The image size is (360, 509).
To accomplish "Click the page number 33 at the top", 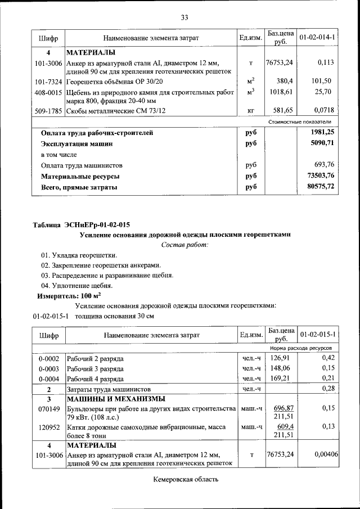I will coord(184,17).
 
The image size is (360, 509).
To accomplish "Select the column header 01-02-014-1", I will coord(317,38).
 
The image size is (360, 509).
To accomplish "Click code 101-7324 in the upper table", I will coord(48,81).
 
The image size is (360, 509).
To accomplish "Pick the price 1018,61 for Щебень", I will coord(281,91).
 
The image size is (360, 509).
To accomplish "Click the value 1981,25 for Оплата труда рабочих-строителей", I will coord(321,133).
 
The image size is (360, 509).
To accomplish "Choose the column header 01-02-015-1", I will coord(317,335).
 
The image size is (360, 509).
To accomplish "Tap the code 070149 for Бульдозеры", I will coord(48,408).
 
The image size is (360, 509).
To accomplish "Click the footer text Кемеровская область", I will coord(184,479).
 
